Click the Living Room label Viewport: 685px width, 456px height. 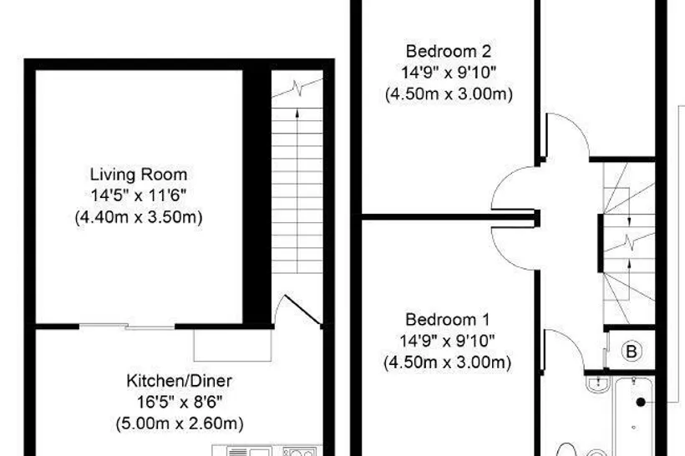coord(139,175)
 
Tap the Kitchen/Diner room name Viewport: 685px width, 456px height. coord(179,381)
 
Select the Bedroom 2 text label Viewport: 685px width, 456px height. coord(449,52)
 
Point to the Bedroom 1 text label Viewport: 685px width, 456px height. coord(448,320)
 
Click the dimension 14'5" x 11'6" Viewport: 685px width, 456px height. coord(139,195)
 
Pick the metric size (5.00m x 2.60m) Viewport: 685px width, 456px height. coord(180,423)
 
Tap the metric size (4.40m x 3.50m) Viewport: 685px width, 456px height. coord(139,216)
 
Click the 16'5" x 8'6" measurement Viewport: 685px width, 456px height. coord(180,402)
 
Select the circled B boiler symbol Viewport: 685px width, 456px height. coord(632,351)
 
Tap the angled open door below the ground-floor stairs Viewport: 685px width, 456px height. coord(302,310)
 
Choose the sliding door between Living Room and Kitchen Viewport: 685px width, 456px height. coord(127,326)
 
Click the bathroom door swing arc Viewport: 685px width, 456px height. coord(572,341)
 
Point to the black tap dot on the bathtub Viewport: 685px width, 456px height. coord(641,403)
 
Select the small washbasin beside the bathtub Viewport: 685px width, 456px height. coord(596,384)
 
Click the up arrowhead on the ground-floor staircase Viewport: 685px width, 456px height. coord(297,114)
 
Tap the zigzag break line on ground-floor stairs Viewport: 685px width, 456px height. coord(297,89)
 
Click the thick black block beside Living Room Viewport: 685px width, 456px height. coord(257,196)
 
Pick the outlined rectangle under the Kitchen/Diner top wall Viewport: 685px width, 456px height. coord(232,346)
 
